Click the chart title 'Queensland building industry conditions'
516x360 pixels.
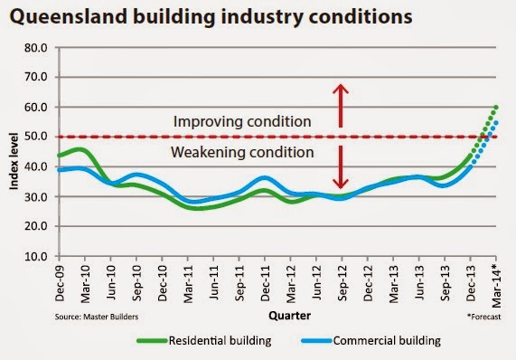(x=211, y=16)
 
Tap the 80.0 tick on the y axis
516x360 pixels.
(x=36, y=48)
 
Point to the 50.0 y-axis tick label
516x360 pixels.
(x=36, y=137)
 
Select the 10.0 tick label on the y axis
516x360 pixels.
(x=36, y=256)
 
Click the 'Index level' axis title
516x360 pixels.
(x=14, y=161)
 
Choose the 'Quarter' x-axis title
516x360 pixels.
(x=289, y=316)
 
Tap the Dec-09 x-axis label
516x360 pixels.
(x=60, y=283)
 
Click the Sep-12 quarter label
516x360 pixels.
(x=342, y=283)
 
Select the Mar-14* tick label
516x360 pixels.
(x=496, y=285)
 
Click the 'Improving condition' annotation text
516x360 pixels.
(x=242, y=121)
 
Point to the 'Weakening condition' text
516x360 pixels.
(x=242, y=152)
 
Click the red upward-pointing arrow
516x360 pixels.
(x=341, y=106)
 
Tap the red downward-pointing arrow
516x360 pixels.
(x=341, y=167)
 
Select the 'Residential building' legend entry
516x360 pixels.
(x=204, y=341)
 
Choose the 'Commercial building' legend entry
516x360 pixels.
(x=371, y=341)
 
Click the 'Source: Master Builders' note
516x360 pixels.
(x=97, y=317)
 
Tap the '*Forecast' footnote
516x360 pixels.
(x=484, y=317)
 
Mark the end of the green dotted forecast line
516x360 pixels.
(x=496, y=108)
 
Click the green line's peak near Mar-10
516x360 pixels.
(x=80, y=150)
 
